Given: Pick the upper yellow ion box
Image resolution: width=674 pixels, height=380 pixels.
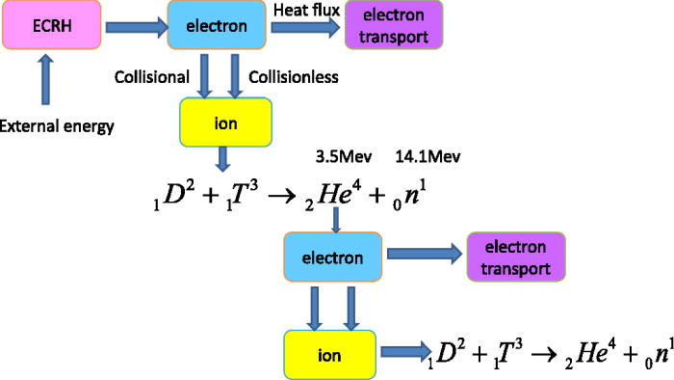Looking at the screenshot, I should coord(227,122).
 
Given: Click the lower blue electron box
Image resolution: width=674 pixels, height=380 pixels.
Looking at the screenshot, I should coord(333,258).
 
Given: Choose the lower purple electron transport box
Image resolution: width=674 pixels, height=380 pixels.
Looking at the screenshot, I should coord(509,258).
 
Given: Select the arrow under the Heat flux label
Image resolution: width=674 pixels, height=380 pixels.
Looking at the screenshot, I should coord(301,28).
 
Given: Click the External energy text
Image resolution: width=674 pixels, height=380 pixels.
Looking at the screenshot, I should coord(57,124).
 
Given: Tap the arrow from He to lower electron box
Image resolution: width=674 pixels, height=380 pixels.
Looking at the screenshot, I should coord(335,220).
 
